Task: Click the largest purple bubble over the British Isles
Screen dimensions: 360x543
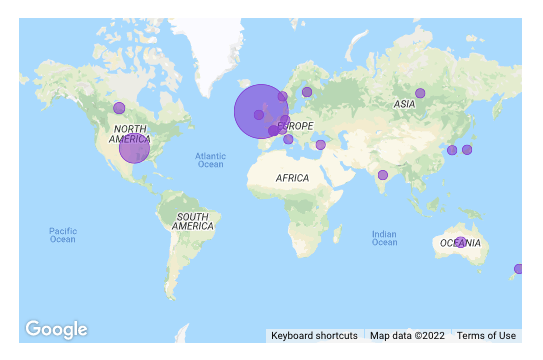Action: [261, 111]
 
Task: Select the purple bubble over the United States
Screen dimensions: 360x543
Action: [134, 148]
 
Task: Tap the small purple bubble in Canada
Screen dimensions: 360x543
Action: [119, 108]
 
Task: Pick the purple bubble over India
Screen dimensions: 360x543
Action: [383, 175]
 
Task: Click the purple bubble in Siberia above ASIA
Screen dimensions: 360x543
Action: [420, 93]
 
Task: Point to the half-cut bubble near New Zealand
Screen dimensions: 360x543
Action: [518, 268]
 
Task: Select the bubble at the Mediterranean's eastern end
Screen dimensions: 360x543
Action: [320, 145]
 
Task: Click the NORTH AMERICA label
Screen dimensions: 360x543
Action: [132, 134]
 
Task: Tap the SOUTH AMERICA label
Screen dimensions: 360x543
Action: [193, 221]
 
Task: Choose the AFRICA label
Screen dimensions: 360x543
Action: [292, 178]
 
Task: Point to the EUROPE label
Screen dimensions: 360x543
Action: [296, 126]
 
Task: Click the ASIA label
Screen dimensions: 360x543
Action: [404, 104]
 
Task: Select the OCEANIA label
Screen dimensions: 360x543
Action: [459, 243]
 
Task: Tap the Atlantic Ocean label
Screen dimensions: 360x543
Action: [210, 160]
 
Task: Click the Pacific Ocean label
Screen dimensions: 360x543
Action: [62, 235]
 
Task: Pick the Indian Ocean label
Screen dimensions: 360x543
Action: [384, 239]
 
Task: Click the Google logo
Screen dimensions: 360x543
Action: [56, 329]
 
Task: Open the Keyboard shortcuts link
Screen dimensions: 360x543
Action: [314, 336]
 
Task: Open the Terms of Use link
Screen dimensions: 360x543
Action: [486, 336]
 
